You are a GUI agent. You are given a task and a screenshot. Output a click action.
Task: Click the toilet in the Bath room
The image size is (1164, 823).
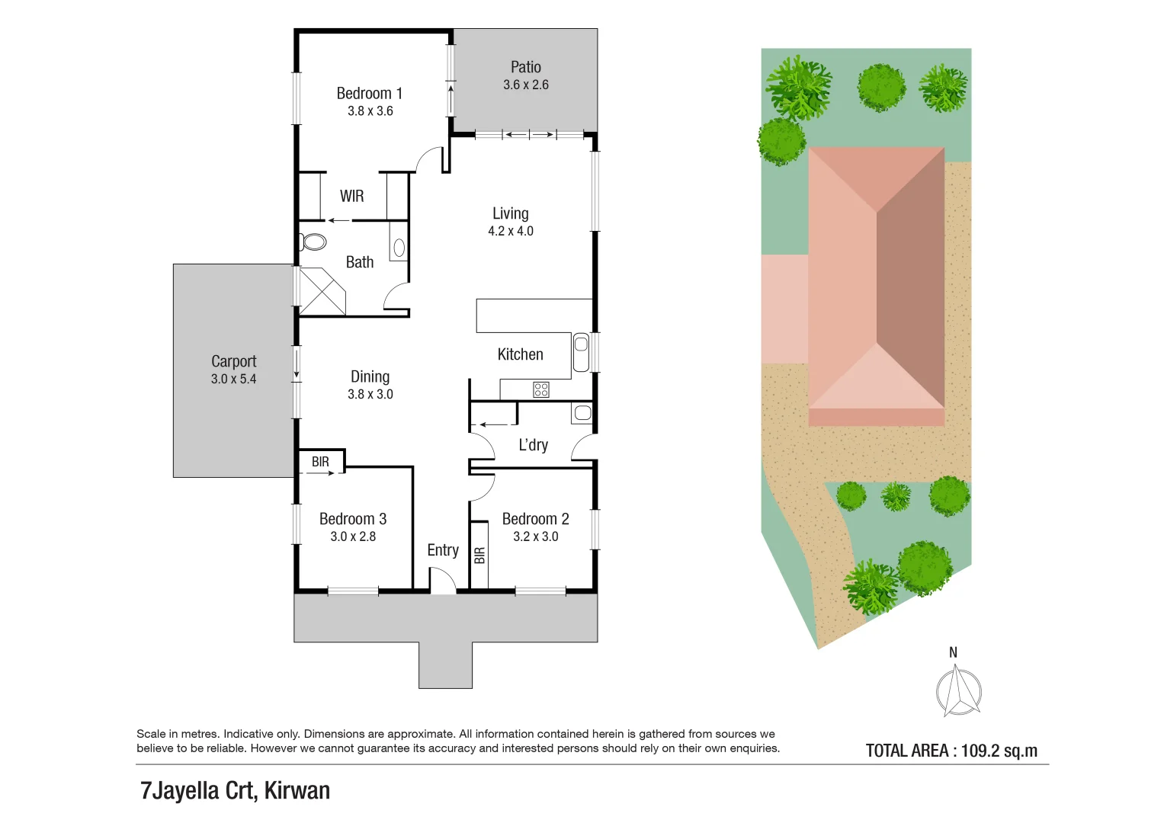pos(313,242)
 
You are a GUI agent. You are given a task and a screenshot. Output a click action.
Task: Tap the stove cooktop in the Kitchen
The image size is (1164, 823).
pos(541,389)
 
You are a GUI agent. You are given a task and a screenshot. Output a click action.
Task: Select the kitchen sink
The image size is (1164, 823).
pos(581,352)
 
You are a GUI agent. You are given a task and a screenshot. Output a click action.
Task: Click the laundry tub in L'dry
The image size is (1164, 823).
pos(582,413)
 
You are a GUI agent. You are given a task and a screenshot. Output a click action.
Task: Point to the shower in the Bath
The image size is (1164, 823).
pos(321,291)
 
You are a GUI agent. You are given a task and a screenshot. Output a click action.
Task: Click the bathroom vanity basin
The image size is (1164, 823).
pos(399,247)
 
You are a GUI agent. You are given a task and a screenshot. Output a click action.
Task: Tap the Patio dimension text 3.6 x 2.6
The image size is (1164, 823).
pos(525,85)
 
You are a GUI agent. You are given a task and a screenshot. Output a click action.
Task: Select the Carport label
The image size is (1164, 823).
pos(233,361)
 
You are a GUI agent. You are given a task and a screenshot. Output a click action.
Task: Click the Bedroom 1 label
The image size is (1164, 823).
pos(369,93)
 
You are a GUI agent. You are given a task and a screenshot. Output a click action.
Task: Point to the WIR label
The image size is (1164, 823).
pos(351,196)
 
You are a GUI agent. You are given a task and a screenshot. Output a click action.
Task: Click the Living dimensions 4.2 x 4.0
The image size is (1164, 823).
pos(510,231)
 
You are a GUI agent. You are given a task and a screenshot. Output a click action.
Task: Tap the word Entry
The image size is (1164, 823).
pos(442,550)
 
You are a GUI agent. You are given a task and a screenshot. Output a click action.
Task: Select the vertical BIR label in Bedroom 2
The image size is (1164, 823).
pos(479,556)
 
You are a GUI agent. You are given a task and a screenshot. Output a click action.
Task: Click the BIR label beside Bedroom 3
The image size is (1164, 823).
pos(320,462)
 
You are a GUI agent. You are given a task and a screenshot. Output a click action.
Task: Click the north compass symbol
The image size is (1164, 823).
pos(957,690)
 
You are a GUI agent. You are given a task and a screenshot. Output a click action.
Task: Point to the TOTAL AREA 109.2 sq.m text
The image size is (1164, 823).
pos(951,751)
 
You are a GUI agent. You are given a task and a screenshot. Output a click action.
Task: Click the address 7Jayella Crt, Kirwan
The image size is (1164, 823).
pos(235,790)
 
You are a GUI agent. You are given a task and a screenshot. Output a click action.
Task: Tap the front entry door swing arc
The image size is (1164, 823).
pos(443,581)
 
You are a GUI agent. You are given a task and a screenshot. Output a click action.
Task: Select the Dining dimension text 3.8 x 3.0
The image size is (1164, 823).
pos(370,394)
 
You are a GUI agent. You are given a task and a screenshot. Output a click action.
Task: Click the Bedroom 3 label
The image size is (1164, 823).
pos(352,519)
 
